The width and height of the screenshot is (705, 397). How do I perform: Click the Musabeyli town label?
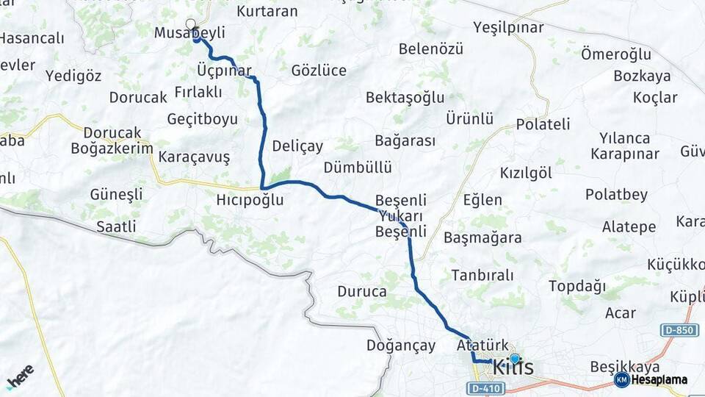click(x=189, y=33)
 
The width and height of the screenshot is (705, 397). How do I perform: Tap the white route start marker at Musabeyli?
click(x=191, y=24)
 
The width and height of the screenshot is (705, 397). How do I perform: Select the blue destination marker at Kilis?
click(x=515, y=359)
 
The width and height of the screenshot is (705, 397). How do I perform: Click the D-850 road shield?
click(x=679, y=330)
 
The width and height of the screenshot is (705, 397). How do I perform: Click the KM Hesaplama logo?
click(x=651, y=379)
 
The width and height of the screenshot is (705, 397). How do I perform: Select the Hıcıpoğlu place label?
click(x=250, y=200)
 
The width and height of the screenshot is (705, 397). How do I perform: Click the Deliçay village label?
click(x=297, y=146)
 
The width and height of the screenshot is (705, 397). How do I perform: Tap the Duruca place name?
click(x=362, y=291)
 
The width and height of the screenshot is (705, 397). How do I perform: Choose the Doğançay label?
click(x=401, y=346)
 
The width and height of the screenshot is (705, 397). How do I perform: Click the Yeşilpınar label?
click(x=508, y=28)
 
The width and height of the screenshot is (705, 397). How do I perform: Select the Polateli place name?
click(x=543, y=124)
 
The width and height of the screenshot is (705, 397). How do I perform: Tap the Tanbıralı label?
click(x=482, y=275)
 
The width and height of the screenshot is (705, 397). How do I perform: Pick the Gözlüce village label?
click(x=319, y=71)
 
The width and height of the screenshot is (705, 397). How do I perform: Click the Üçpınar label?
click(x=224, y=70)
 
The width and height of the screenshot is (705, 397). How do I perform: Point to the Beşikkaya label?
click(x=624, y=366)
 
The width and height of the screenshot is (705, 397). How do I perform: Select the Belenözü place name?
click(x=431, y=49)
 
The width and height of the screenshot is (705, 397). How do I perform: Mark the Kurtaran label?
click(x=267, y=11)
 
